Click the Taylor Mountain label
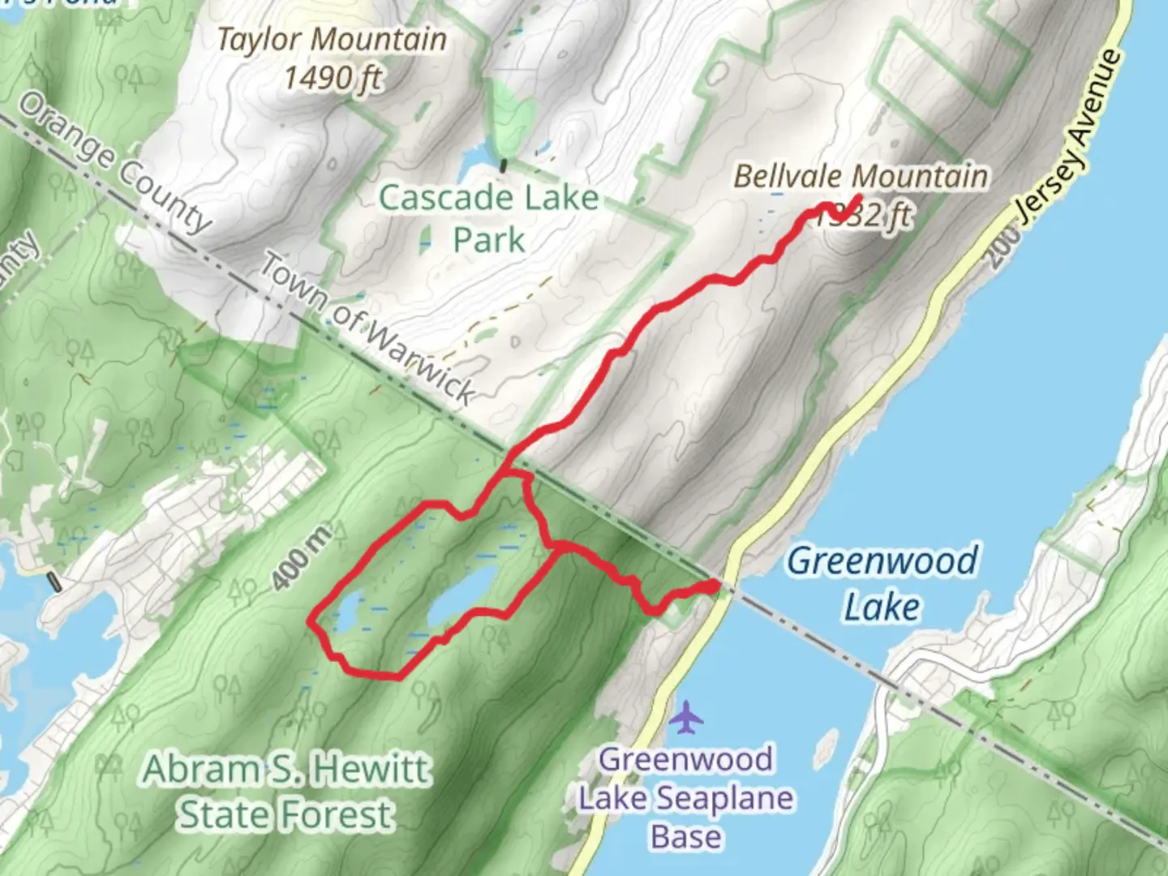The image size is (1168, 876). coord(332,39)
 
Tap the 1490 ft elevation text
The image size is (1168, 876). coord(332,78)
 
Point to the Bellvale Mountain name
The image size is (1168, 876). coord(861,176)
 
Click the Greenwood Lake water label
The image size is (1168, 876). coord(882,583)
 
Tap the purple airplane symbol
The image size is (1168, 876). coord(687,718)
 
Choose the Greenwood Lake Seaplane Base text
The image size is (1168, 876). coord(686,798)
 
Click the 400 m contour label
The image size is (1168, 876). coord(301,558)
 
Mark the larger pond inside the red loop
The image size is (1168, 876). coord(462,597)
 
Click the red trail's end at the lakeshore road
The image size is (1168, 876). coord(714,586)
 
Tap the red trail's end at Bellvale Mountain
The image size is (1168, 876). coord(858,197)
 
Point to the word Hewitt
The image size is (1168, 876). coord(374,768)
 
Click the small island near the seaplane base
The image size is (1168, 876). coord(827,744)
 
